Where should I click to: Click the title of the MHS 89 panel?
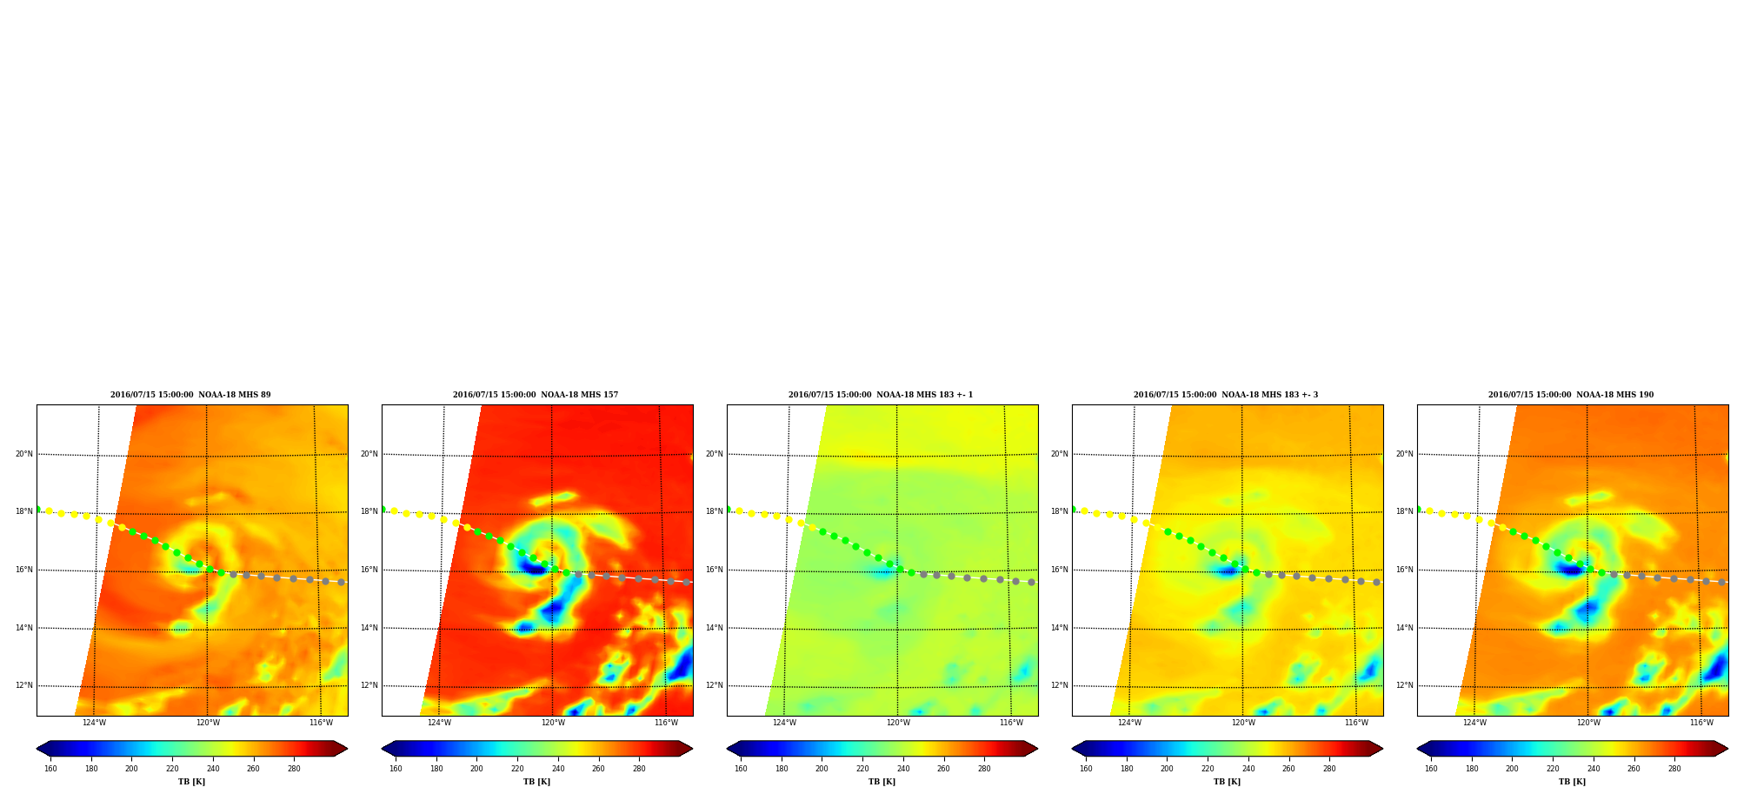point(190,395)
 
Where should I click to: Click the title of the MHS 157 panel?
point(536,395)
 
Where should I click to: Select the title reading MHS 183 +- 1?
point(881,395)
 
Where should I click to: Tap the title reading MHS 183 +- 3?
point(1226,395)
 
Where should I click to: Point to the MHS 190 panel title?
point(1571,395)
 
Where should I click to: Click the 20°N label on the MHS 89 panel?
point(23,454)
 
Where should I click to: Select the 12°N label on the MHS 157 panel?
point(369,685)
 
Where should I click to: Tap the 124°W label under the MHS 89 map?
point(94,723)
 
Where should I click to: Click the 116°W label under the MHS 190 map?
point(1701,723)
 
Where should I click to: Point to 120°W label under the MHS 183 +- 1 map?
point(898,723)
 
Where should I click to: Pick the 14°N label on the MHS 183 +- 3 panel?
point(1059,628)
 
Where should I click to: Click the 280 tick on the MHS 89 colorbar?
point(294,769)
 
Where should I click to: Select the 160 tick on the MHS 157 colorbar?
point(396,769)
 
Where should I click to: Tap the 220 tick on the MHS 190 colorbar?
point(1553,769)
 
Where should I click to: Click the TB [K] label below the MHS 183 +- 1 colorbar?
point(882,782)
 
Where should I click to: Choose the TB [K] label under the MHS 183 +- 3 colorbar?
point(1227,782)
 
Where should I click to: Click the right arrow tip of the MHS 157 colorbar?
point(693,749)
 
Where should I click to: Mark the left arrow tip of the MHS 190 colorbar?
point(1417,749)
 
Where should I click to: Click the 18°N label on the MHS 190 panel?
point(1404,511)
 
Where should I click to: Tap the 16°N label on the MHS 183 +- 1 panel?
point(714,570)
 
